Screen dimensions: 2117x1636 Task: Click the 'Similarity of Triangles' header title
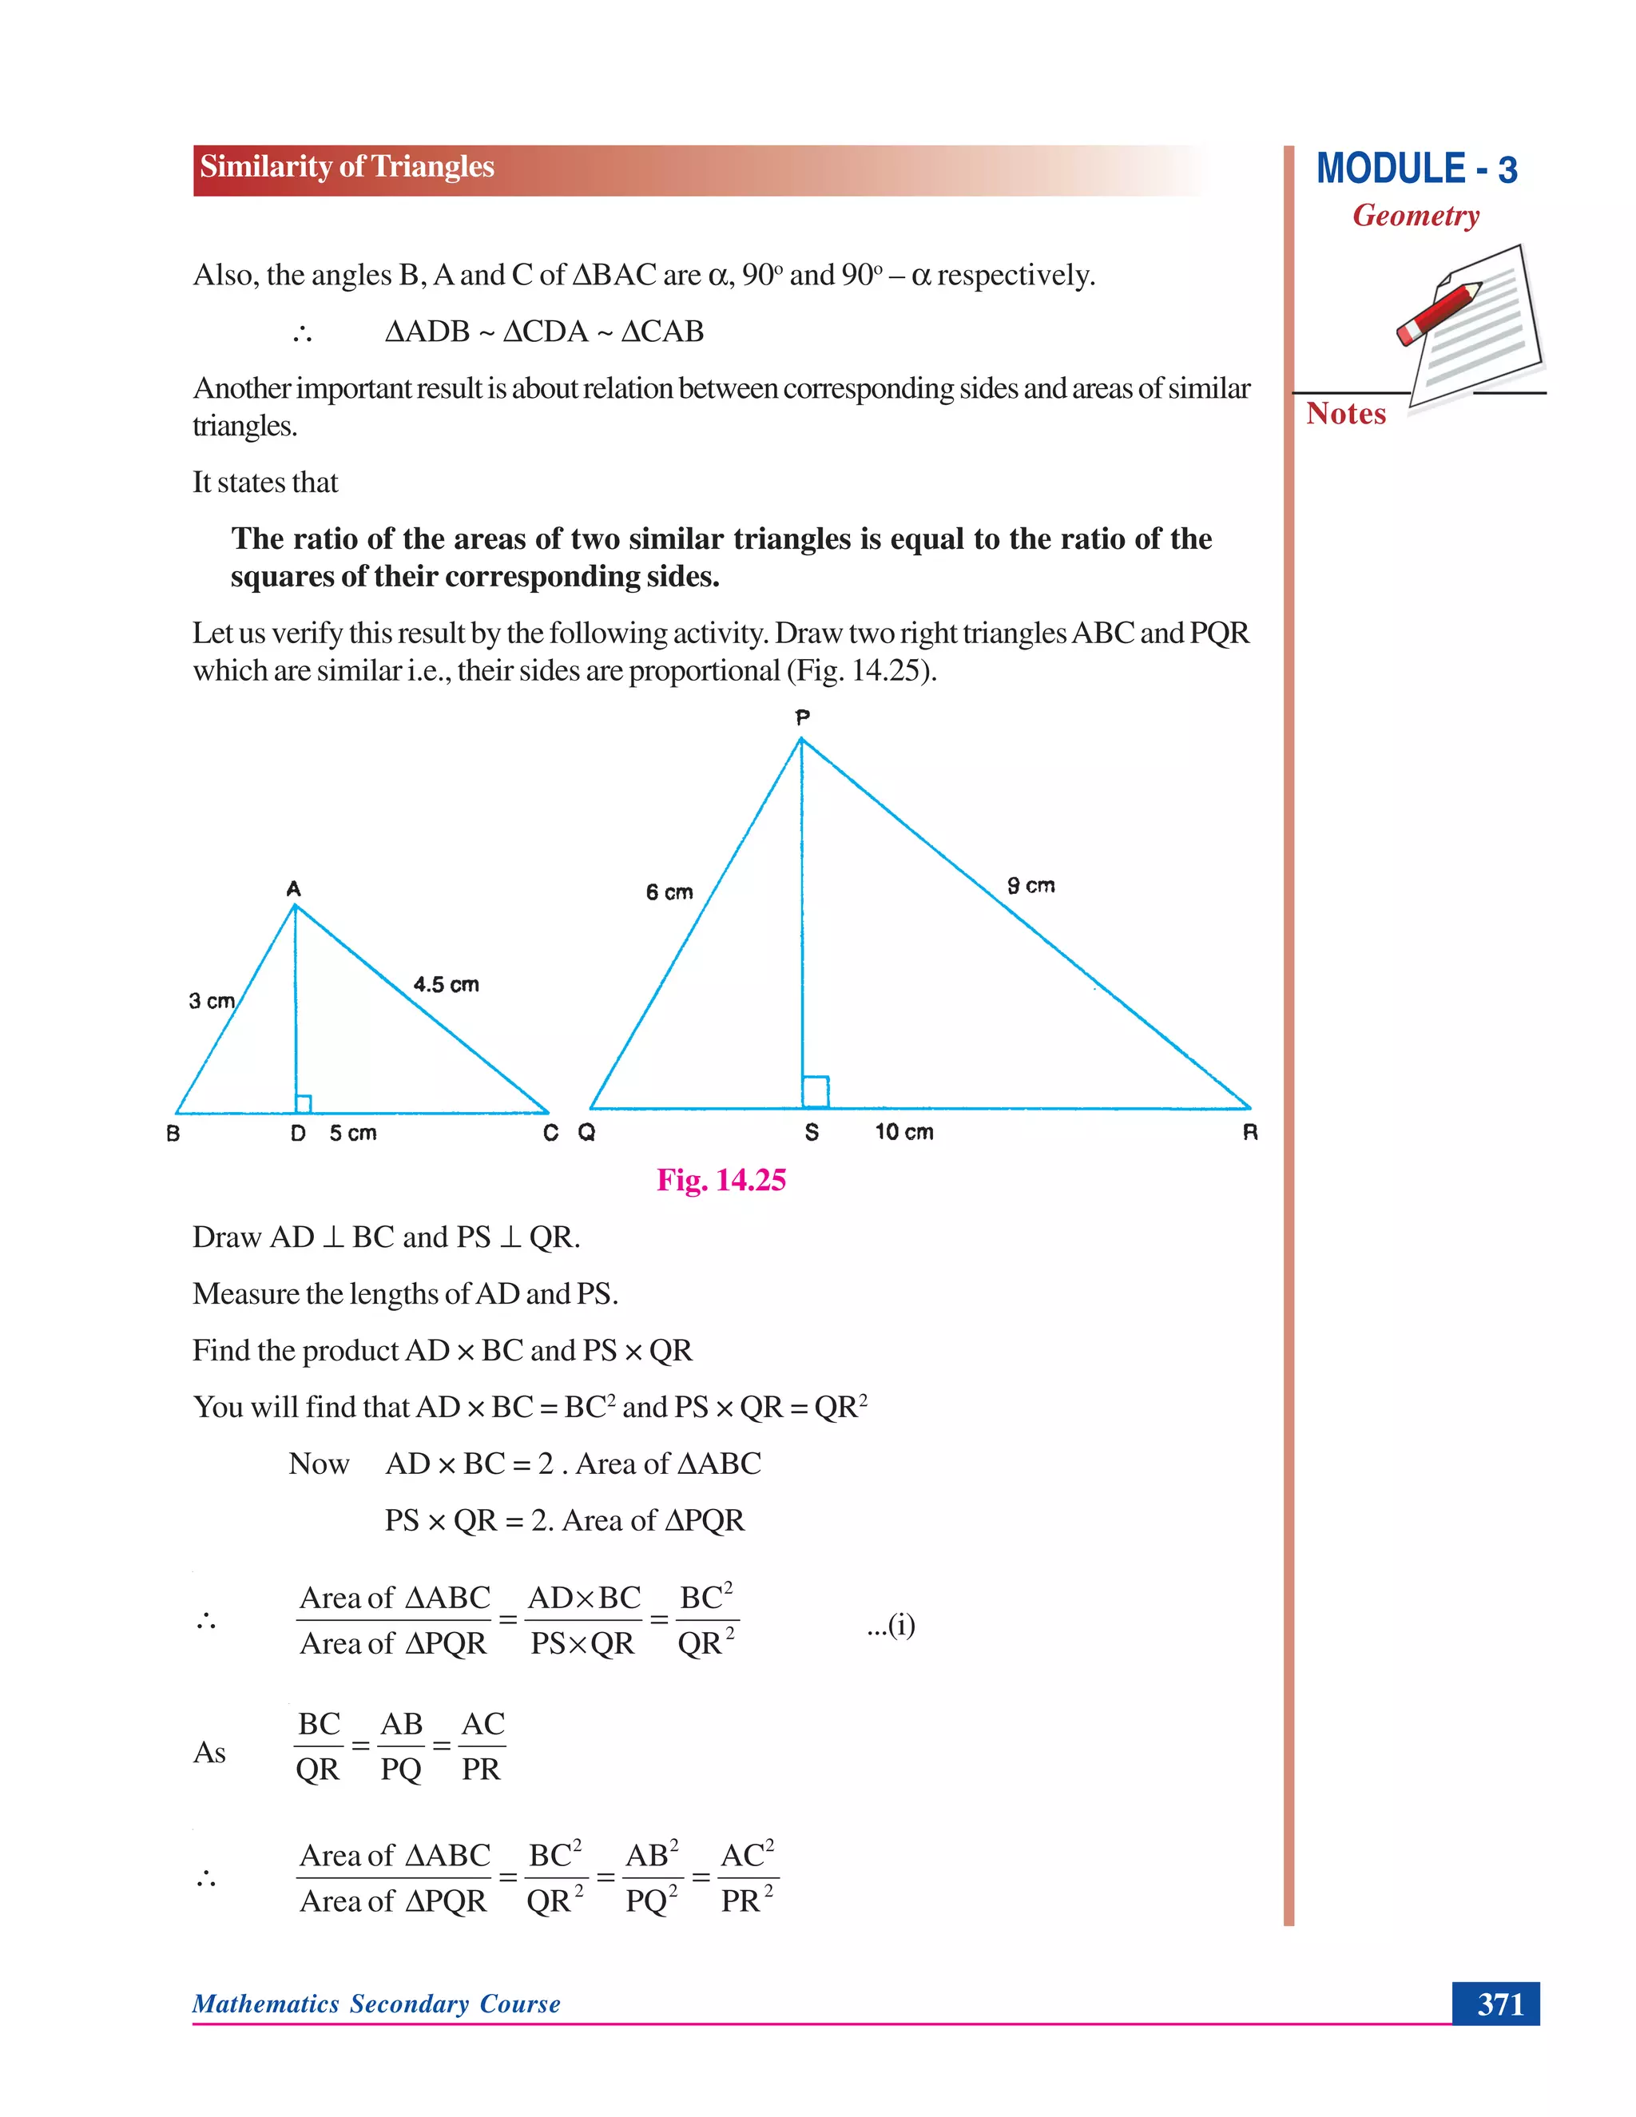pyautogui.click(x=347, y=167)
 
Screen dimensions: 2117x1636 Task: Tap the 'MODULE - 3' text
pyautogui.click(x=1416, y=169)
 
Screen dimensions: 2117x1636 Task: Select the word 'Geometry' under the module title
pyautogui.click(x=1416, y=215)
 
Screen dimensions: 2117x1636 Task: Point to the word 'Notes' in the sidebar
pyautogui.click(x=1345, y=414)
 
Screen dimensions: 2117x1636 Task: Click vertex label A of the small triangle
pyautogui.click(x=294, y=889)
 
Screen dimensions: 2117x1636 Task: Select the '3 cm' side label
pyautogui.click(x=211, y=1000)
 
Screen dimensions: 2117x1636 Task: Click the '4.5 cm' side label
pyautogui.click(x=446, y=985)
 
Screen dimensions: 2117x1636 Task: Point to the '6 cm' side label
pyautogui.click(x=669, y=892)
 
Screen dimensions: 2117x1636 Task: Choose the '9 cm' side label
pyautogui.click(x=1030, y=885)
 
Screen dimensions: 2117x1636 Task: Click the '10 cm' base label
pyautogui.click(x=904, y=1132)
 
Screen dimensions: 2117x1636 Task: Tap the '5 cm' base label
pyautogui.click(x=353, y=1133)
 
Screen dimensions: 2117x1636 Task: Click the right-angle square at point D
pyautogui.click(x=304, y=1104)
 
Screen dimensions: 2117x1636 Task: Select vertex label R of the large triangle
pyautogui.click(x=1250, y=1132)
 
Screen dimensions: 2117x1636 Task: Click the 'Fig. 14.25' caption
pyautogui.click(x=721, y=1180)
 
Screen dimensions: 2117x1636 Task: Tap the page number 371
pyautogui.click(x=1499, y=2004)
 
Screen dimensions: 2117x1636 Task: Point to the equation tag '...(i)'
pyautogui.click(x=891, y=1625)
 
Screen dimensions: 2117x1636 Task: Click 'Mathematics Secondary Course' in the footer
pyautogui.click(x=376, y=2004)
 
